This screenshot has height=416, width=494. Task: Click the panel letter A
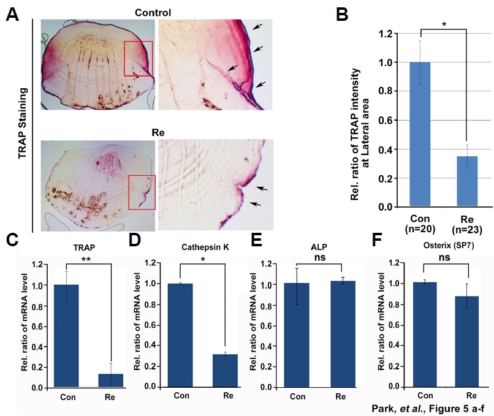click(11, 15)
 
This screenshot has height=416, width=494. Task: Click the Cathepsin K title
click(205, 247)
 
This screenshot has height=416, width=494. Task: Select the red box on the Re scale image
click(142, 192)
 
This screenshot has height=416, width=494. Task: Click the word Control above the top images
click(146, 12)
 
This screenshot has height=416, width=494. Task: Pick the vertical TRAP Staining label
click(22, 124)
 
